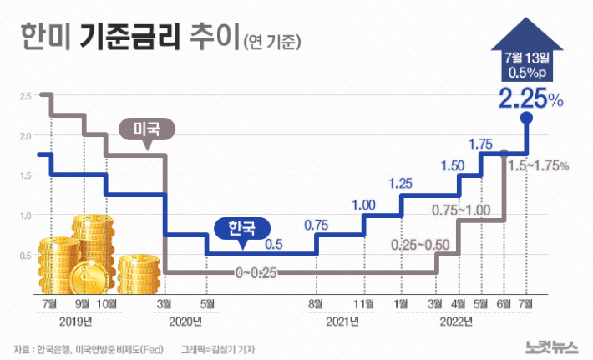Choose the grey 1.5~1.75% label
click(539, 165)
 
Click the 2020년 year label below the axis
click(185, 321)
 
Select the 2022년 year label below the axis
click(455, 321)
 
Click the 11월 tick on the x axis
click(362, 302)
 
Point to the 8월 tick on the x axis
click(316, 302)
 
